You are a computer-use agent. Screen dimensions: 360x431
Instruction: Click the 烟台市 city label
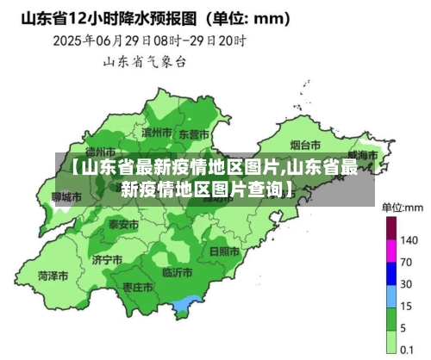(x=305, y=145)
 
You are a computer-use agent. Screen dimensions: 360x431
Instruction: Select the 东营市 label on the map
(x=193, y=134)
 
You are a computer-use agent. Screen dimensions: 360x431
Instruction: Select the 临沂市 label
(x=178, y=273)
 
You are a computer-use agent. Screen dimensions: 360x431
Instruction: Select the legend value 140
(x=409, y=239)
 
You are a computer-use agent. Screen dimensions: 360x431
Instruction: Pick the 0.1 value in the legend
(x=409, y=350)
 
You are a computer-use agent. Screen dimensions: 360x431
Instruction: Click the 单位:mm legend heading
(x=403, y=207)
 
